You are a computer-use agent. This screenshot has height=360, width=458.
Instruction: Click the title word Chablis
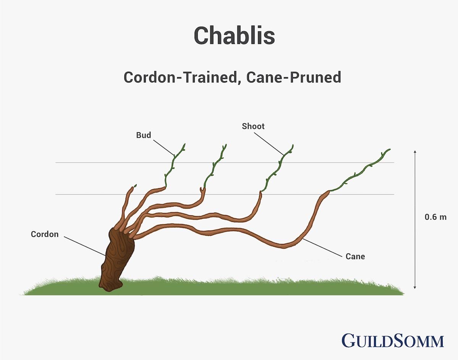(234, 36)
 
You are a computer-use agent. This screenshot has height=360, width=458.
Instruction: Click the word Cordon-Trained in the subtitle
(181, 77)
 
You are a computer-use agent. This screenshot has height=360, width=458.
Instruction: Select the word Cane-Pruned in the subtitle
(294, 77)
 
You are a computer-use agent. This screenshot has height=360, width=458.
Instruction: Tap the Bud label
(144, 135)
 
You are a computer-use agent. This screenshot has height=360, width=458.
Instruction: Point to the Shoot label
(253, 126)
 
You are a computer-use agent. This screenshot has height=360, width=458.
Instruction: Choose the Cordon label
(45, 234)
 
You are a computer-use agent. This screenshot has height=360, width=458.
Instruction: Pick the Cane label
(355, 257)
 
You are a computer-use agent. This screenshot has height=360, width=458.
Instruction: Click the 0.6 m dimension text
(435, 217)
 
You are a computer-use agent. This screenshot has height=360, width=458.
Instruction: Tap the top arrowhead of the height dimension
(415, 152)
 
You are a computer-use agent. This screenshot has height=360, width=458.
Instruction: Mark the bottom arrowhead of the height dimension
(415, 287)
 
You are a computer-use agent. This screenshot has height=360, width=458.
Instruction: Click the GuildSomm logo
(393, 341)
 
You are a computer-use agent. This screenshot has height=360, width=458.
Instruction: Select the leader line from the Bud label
(164, 148)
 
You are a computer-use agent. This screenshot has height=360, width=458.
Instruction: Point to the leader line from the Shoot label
(269, 144)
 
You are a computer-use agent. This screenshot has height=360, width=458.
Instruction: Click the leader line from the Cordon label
(85, 246)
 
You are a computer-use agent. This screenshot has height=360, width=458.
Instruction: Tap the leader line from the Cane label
(323, 248)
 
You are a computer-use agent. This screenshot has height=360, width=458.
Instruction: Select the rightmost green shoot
(360, 170)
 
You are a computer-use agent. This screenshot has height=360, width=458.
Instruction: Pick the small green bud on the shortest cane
(134, 186)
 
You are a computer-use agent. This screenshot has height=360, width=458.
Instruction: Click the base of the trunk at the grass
(110, 287)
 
